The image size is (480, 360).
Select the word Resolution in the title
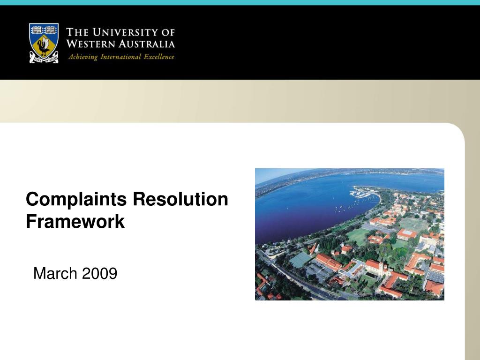click(x=180, y=199)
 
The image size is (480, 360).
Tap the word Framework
click(x=75, y=221)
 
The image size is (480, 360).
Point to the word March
click(x=56, y=273)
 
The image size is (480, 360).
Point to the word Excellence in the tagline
click(x=158, y=57)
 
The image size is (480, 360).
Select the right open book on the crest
click(x=51, y=30)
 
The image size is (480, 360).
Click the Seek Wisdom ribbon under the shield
click(x=44, y=60)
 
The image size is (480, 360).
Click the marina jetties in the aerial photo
click(x=363, y=193)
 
